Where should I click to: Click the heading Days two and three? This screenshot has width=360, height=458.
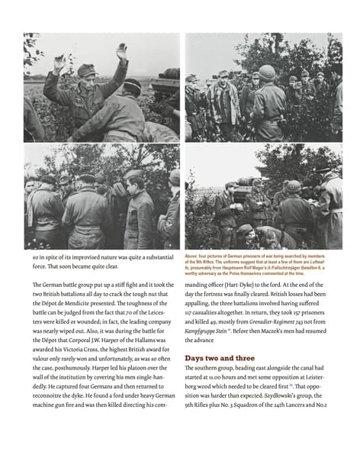point(220,357)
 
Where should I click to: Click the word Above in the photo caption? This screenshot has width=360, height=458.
point(193,256)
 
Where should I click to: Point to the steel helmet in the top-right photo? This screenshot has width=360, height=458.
point(268,73)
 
